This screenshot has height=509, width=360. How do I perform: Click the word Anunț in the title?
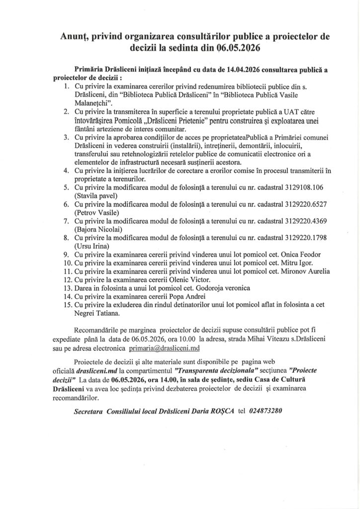click(75, 37)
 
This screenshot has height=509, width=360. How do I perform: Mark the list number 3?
click(68, 137)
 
